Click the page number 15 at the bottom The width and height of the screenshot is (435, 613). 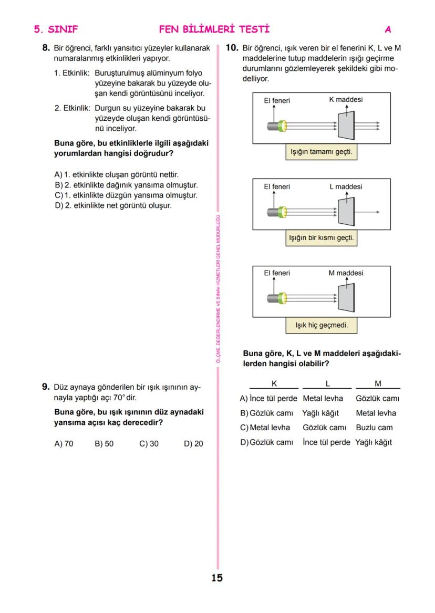(217, 578)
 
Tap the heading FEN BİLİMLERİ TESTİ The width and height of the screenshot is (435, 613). (214, 29)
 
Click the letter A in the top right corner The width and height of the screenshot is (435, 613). (388, 29)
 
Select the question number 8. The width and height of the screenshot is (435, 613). (46, 48)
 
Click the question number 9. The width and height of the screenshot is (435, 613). (46, 387)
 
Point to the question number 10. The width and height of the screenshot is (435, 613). (232, 48)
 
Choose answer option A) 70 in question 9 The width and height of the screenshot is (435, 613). (64, 444)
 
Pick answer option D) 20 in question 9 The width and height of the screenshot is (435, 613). (193, 444)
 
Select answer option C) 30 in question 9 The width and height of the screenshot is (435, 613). (149, 444)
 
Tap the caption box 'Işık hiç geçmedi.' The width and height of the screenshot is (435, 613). (321, 325)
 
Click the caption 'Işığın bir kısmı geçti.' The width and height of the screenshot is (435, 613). (321, 238)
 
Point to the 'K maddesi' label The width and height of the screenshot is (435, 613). (346, 100)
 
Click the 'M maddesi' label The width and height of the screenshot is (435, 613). (346, 273)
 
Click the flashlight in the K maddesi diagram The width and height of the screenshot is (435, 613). (277, 126)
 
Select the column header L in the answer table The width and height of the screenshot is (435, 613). (327, 383)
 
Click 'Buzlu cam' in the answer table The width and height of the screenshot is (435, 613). (374, 428)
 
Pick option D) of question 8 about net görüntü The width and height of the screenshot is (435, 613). (113, 205)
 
